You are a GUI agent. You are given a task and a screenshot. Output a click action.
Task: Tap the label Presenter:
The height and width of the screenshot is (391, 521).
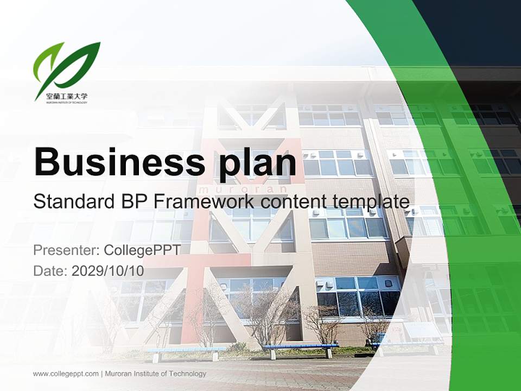pos(66,250)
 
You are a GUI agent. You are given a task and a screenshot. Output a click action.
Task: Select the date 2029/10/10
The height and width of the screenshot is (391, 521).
pos(107,270)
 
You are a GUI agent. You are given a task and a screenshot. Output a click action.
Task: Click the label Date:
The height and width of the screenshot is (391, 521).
pos(50,270)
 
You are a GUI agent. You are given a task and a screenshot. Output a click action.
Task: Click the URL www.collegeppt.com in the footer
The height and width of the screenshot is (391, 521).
pos(66,374)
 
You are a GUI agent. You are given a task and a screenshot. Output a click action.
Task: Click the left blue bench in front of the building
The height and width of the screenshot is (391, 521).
pos(185,350)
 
